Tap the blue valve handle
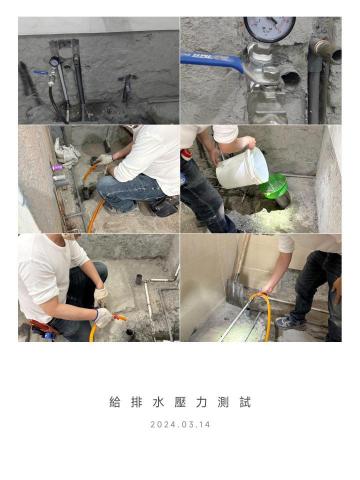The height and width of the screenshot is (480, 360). pyautogui.click(x=213, y=61)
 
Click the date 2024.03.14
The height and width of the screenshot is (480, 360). pyautogui.click(x=180, y=424)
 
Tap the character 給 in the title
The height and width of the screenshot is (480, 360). pyautogui.click(x=115, y=403)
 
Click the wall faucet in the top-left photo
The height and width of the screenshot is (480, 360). pyautogui.click(x=126, y=84)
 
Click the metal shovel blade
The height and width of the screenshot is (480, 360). pyautogui.click(x=234, y=292)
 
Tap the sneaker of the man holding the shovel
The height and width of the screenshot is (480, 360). pyautogui.click(x=287, y=322)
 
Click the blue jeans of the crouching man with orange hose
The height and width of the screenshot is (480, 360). pyautogui.click(x=125, y=190)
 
